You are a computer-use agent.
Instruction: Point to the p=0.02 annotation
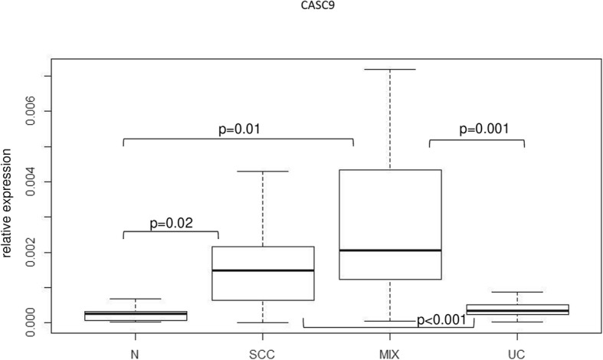(171, 223)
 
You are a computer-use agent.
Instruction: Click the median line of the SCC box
(263, 270)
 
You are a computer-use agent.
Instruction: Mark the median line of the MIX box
(391, 250)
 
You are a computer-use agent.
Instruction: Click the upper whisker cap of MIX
(391, 69)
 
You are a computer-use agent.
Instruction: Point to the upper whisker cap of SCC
(263, 171)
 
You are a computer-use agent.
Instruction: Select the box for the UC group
(518, 309)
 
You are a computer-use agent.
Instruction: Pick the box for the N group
(136, 315)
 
